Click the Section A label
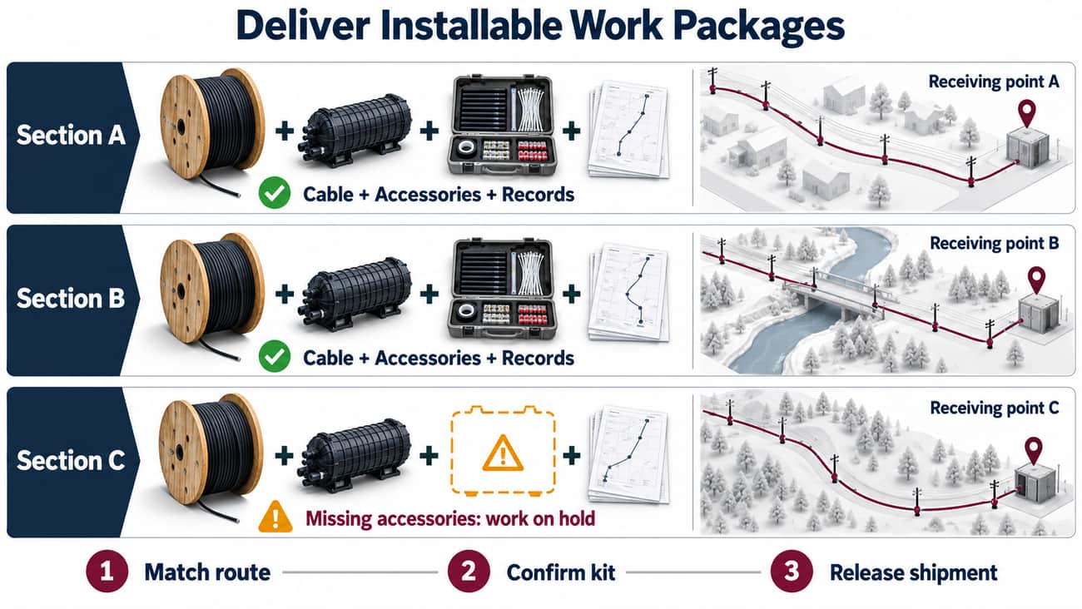(x=71, y=135)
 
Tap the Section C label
(x=71, y=460)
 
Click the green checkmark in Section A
(x=275, y=193)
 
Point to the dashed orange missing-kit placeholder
(x=503, y=452)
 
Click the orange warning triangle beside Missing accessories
(x=275, y=517)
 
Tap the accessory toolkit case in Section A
(x=503, y=125)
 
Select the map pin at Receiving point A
(x=1026, y=113)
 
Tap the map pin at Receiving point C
(x=1033, y=451)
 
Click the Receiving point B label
(x=994, y=244)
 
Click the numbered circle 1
(x=107, y=572)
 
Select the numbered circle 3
(x=792, y=572)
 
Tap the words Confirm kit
(x=561, y=572)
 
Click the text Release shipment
(x=913, y=572)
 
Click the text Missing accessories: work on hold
(x=450, y=518)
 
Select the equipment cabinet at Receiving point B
(x=1039, y=314)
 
